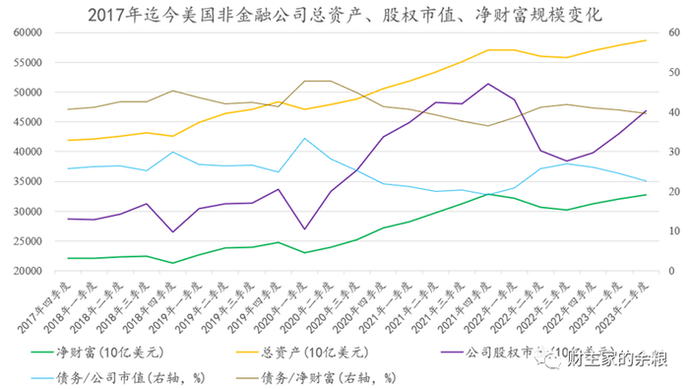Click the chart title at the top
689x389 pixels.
tap(344, 14)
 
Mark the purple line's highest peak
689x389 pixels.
tap(488, 84)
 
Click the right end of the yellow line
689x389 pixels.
tap(646, 40)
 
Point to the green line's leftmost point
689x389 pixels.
tap(68, 258)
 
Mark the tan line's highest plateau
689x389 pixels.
tap(317, 81)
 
